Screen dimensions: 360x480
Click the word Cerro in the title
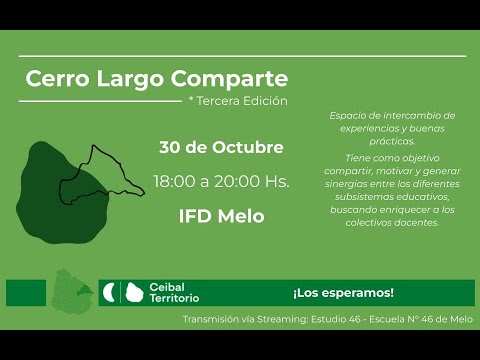coord(54,78)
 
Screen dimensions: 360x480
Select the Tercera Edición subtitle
coord(241,101)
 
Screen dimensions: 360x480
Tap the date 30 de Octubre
coord(221,147)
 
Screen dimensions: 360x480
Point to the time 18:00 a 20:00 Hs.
coord(221,182)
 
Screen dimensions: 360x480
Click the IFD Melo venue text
coord(221,216)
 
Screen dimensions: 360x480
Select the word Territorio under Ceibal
coord(173,299)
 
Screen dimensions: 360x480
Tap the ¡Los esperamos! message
coord(343,293)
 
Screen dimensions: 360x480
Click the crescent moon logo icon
coord(109,293)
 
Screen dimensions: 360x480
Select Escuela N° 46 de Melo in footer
coord(426,320)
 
